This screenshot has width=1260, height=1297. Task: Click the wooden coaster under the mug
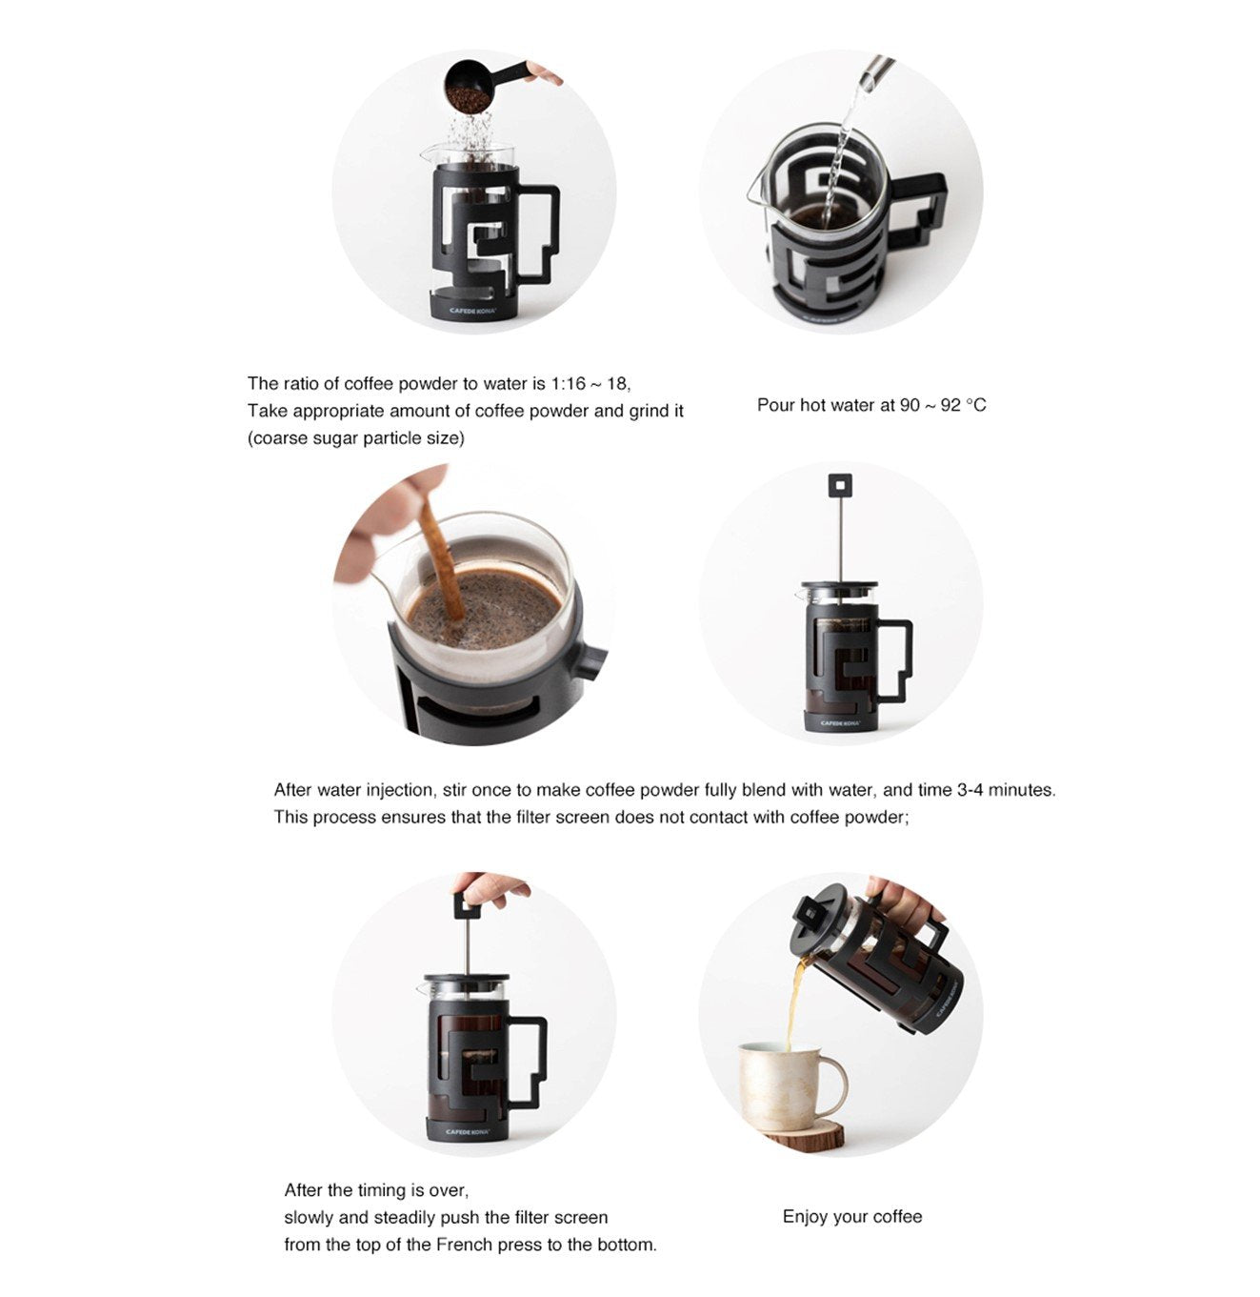click(x=803, y=1134)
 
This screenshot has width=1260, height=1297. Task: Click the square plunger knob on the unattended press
click(x=840, y=484)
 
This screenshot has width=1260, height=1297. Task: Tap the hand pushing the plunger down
click(x=490, y=888)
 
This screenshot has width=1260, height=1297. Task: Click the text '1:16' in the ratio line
click(x=568, y=383)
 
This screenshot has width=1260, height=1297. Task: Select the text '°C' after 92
click(x=975, y=405)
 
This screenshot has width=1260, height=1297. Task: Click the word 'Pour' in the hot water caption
click(x=776, y=405)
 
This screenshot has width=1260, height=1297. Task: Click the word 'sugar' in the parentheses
click(x=335, y=438)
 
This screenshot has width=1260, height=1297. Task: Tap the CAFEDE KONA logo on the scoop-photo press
click(x=472, y=310)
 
